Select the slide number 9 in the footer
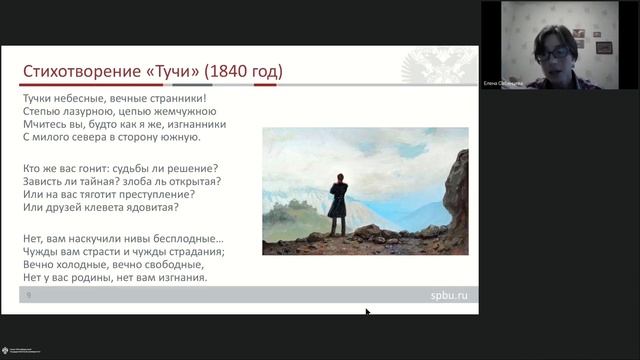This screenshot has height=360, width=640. (28, 296)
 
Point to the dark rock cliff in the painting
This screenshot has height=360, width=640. (456, 200)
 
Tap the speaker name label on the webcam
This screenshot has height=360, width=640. (504, 83)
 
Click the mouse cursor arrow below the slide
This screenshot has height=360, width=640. (367, 313)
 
